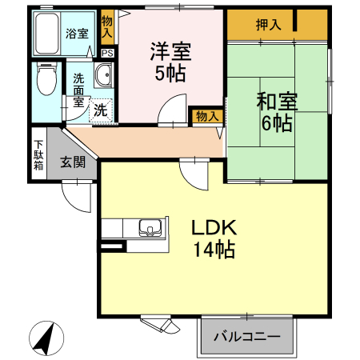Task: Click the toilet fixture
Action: tap(46, 78)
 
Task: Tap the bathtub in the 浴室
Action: tap(47, 34)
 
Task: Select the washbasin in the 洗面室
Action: tap(104, 75)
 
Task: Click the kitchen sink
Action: tap(150, 228)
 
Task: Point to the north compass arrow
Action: tap(45, 338)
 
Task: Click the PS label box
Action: tap(108, 53)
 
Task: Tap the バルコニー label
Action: tap(247, 337)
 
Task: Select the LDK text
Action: tap(214, 227)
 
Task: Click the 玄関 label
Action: tap(73, 162)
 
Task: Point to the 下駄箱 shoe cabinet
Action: tap(39, 154)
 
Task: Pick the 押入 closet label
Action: tap(268, 25)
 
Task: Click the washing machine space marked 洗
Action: tap(101, 110)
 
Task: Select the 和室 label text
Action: tap(277, 102)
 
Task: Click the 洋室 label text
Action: tap(170, 51)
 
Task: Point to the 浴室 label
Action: tap(77, 34)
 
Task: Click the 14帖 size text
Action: tap(214, 250)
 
